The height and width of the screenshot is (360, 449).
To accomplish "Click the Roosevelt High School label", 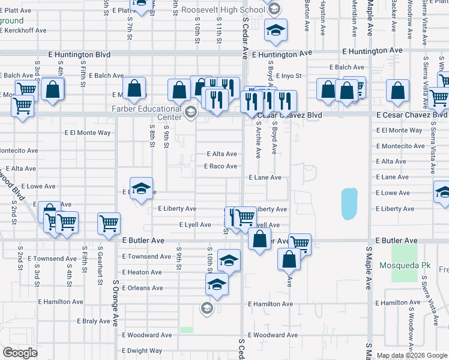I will (x=214, y=10).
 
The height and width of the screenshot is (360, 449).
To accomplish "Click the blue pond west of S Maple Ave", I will (x=349, y=203).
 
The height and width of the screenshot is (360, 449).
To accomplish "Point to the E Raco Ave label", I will (x=220, y=166).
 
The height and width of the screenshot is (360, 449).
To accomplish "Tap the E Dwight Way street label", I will (x=142, y=351).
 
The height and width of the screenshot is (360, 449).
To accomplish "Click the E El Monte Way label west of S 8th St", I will (x=88, y=133).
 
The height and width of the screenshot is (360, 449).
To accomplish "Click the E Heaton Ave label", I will (x=142, y=272).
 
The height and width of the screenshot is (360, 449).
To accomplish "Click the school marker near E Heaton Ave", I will (x=228, y=260).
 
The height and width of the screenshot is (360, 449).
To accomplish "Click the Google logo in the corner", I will (x=20, y=353).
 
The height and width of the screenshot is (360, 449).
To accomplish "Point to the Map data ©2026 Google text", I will (x=412, y=355).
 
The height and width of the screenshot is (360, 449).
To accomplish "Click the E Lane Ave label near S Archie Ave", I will (x=265, y=178).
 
